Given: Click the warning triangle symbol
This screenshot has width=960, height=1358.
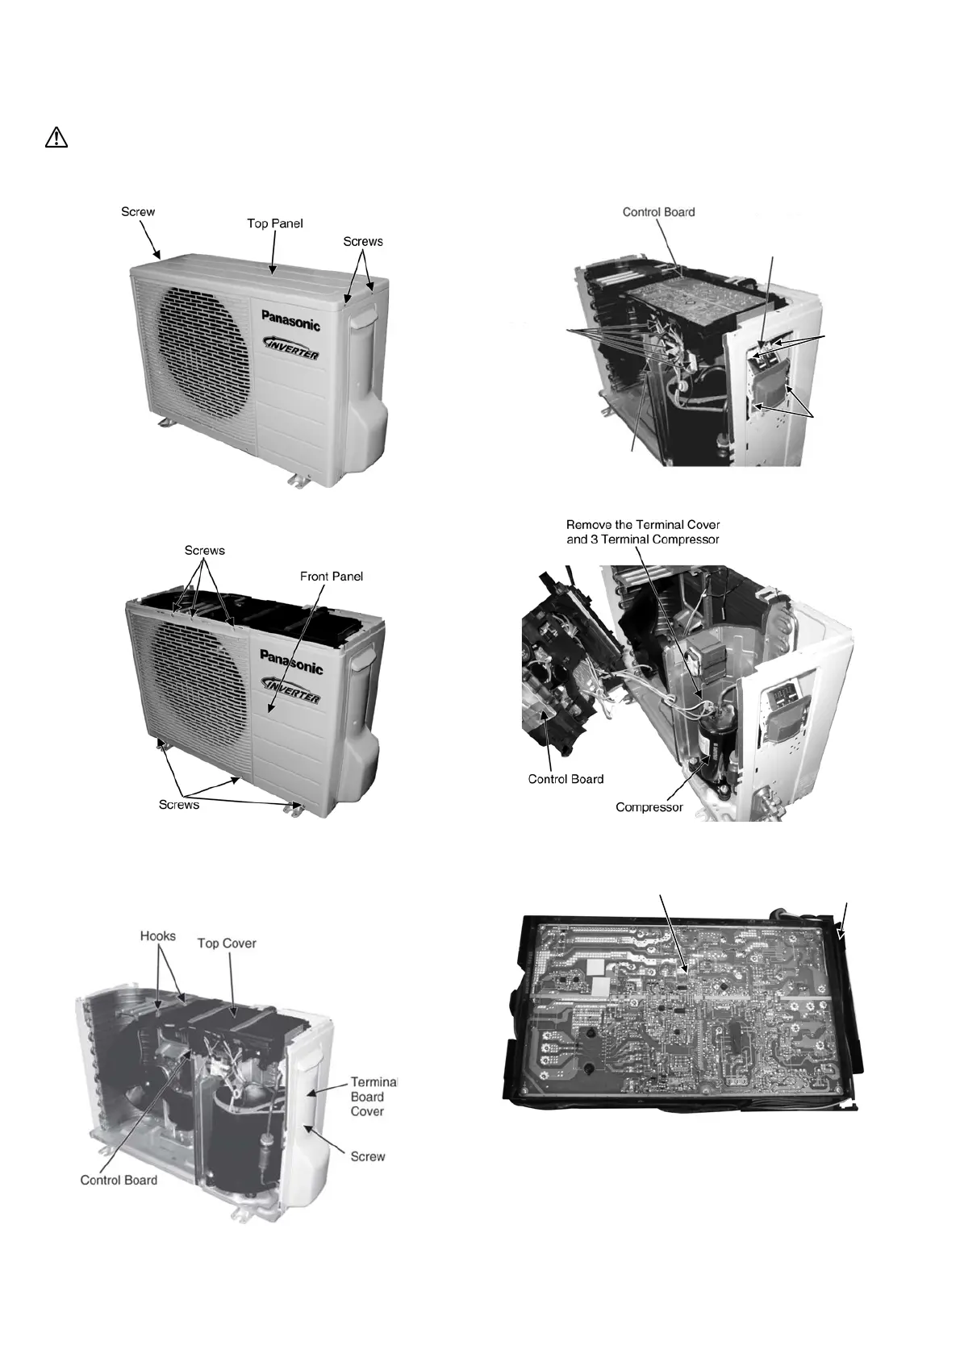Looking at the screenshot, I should [x=56, y=138].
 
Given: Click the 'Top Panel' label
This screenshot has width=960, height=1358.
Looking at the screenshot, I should [x=275, y=223].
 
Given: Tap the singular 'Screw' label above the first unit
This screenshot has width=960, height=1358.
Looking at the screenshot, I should [x=138, y=212].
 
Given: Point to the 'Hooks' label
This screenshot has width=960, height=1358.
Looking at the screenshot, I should [x=158, y=936].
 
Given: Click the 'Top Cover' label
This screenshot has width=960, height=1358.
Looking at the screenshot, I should [x=227, y=943].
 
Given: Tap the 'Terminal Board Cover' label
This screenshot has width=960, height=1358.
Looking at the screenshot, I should [x=367, y=1097].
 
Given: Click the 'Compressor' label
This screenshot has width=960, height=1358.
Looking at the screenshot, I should [x=649, y=806].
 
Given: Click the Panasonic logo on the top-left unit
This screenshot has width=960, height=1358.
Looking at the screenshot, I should [x=290, y=319].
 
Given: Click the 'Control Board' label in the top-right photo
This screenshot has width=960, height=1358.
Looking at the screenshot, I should [x=658, y=212].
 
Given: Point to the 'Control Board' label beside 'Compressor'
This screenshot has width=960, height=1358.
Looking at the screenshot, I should [x=566, y=778].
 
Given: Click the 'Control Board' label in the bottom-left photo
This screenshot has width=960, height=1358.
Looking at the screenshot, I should [x=119, y=1180].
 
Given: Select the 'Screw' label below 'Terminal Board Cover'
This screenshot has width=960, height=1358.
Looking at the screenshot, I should [x=368, y=1156].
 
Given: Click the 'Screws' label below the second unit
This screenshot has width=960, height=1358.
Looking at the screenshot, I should [x=179, y=804].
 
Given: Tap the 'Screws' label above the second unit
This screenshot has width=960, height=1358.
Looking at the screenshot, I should [x=205, y=551].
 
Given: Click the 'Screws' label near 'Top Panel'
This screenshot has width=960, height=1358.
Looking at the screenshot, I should [x=363, y=241].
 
